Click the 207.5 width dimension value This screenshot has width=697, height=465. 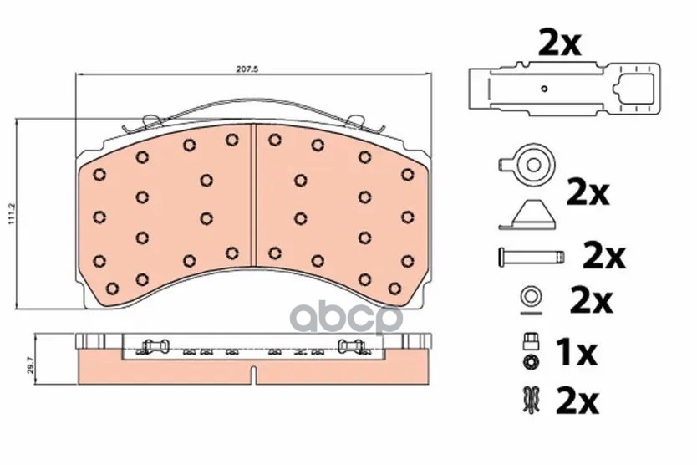[252, 69]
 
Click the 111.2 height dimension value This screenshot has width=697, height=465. [12, 213]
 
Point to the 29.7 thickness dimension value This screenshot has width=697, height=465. [31, 365]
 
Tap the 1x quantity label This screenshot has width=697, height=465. [576, 352]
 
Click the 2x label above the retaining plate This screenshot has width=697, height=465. [559, 43]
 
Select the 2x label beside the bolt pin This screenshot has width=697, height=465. [604, 256]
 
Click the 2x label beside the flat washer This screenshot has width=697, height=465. [591, 301]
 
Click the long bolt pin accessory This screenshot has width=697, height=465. [532, 256]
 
